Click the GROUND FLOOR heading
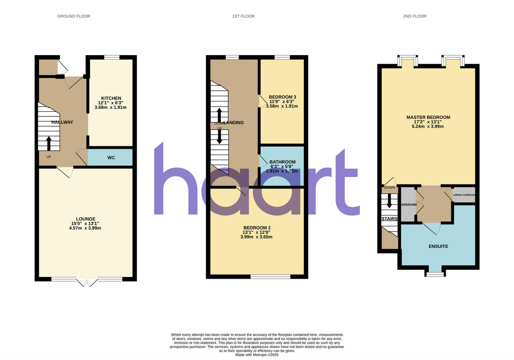74,16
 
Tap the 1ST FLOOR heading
243,16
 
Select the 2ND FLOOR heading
415,16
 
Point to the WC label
111,158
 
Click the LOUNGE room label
86,219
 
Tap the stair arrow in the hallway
48,143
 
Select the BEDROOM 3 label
282,97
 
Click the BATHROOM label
281,162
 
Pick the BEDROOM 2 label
257,228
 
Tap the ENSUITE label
438,247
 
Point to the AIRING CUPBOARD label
464,195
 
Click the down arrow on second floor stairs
389,201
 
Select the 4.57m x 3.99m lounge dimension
86,228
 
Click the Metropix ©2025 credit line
257,355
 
